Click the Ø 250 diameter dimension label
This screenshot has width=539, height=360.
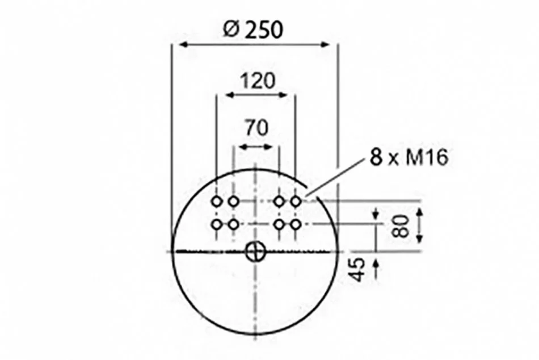coord(254,30)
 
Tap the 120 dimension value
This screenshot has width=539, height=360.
coord(258,81)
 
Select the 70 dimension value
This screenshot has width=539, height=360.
coord(256,127)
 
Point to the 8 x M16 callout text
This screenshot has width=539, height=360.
coord(409,157)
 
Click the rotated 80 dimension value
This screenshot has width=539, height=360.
coord(400,226)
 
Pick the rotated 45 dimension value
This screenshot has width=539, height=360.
coord(356,270)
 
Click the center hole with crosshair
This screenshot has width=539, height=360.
coord(255,252)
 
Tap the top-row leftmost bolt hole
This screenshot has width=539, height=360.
coord(217,202)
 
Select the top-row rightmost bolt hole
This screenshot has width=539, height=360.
coord(296,202)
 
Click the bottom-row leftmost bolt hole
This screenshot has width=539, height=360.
coord(217,224)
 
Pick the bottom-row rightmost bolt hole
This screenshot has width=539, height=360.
coord(296,224)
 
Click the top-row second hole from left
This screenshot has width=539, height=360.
coord(233,202)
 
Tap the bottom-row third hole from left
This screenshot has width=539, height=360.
coord(279,224)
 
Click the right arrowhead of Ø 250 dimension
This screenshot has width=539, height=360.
coord(325,44)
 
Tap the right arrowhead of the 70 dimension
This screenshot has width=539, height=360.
coord(268,147)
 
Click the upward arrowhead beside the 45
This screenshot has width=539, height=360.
coord(376,264)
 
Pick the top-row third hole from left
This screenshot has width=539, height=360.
coord(279,202)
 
